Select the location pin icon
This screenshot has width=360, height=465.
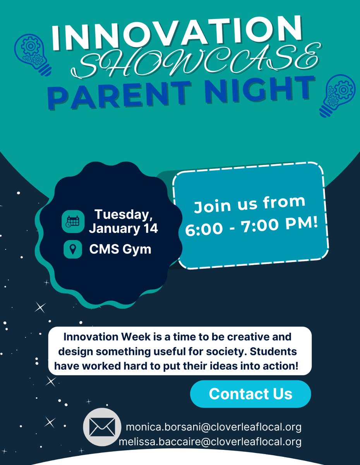pyautogui.click(x=72, y=249)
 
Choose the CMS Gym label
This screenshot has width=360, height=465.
pyautogui.click(x=120, y=249)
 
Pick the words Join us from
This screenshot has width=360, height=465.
pyautogui.click(x=250, y=205)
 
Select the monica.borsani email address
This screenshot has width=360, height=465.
pyautogui.click(x=213, y=427)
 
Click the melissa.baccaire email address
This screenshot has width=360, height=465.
pyautogui.click(x=210, y=442)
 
